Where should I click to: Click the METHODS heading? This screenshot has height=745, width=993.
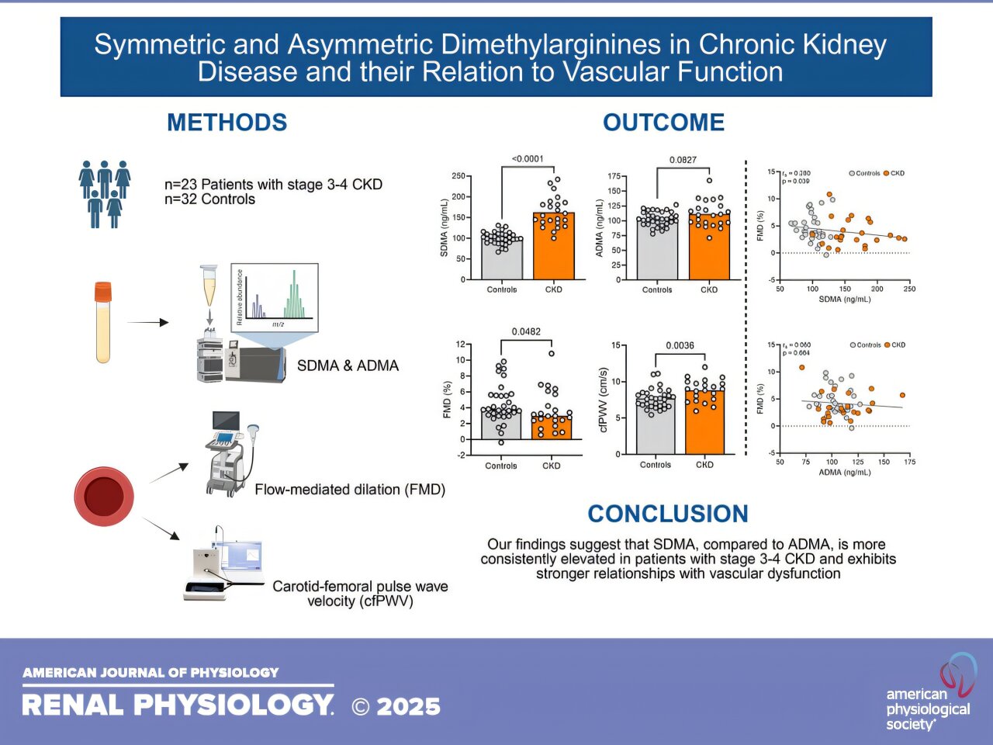[227, 123]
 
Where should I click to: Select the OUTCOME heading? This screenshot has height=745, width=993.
[663, 123]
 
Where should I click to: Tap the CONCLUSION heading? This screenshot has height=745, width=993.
[668, 514]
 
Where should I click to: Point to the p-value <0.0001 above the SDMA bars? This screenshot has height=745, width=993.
[528, 159]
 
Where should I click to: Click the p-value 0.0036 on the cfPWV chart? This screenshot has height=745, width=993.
[680, 345]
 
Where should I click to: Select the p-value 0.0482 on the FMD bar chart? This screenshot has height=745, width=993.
[526, 331]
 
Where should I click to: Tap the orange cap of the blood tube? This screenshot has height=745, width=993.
[103, 292]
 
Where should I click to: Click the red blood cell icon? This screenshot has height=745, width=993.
[104, 496]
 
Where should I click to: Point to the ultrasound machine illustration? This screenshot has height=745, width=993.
[230, 454]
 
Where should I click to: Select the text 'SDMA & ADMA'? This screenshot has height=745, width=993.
[348, 366]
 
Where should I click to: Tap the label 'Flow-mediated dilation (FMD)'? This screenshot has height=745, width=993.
[350, 490]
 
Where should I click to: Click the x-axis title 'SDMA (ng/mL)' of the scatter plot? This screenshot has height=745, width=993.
[845, 300]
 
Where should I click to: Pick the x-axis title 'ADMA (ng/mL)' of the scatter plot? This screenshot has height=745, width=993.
[845, 472]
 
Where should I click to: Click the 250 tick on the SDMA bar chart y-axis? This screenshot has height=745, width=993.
[458, 176]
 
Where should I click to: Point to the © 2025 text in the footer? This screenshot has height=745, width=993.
[396, 706]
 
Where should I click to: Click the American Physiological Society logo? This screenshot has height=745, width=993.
[931, 695]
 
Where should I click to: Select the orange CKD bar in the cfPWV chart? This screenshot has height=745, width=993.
[704, 423]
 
